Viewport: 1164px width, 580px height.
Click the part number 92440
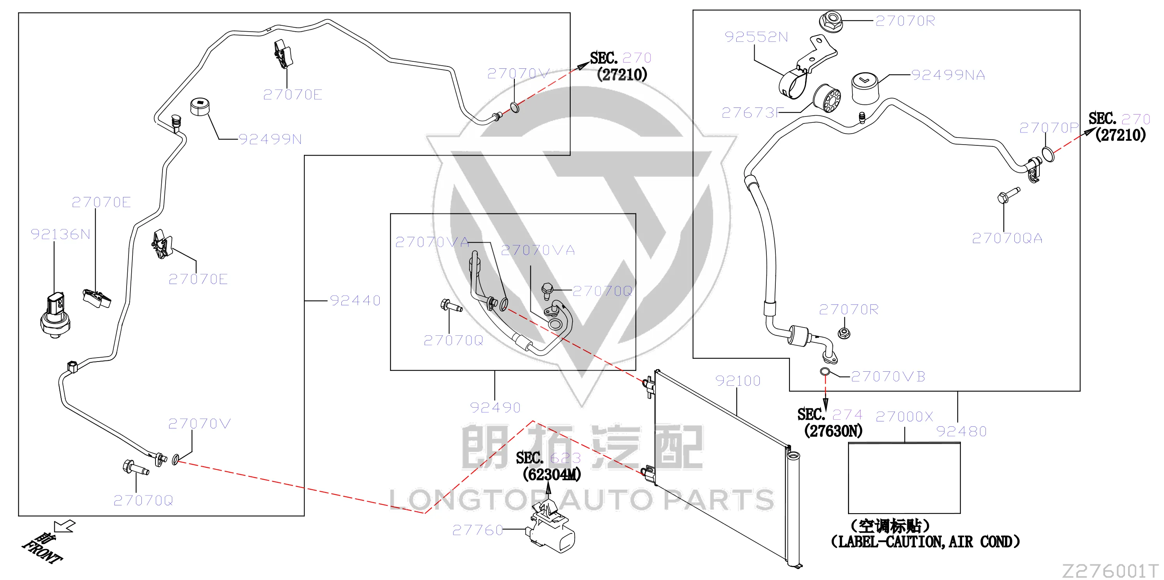click(x=355, y=301)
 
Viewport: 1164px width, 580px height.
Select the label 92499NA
click(x=948, y=75)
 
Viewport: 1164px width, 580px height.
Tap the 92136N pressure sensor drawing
click(x=55, y=315)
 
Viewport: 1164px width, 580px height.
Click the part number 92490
click(x=495, y=408)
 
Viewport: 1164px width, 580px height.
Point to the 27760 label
click(x=478, y=530)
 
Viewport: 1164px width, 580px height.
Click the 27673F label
click(x=751, y=113)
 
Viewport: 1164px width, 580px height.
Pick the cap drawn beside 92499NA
click(x=865, y=89)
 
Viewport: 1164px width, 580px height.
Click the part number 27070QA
click(x=1007, y=238)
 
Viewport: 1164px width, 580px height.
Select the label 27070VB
click(x=888, y=377)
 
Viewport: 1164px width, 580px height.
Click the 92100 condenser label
click(x=738, y=381)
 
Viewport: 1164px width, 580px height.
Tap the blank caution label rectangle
click(x=904, y=478)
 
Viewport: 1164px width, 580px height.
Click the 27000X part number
click(x=904, y=416)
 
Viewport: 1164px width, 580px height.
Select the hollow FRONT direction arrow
click(x=64, y=527)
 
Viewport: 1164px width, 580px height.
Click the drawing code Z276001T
click(x=1110, y=571)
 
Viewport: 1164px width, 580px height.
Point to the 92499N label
click(x=270, y=139)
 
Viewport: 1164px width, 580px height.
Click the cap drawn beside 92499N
click(x=199, y=107)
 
